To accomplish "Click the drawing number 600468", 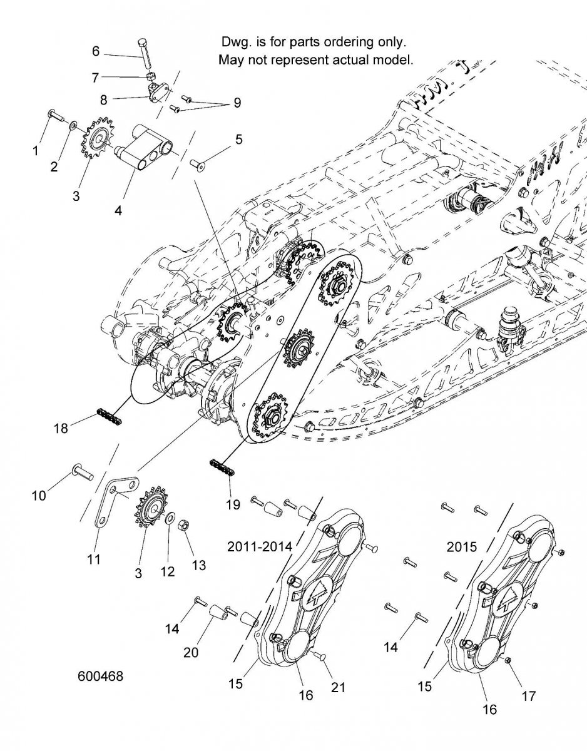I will [100, 677].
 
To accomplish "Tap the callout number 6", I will [96, 49].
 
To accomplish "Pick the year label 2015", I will [462, 546].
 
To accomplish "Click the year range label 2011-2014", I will [259, 546].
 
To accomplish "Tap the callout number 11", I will [93, 559].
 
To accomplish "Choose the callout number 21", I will [338, 687].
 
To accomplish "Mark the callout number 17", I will [529, 695].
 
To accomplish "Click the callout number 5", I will [238, 140].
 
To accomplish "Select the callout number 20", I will [191, 652].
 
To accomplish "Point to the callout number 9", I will [237, 103].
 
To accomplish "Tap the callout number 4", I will [118, 211].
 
